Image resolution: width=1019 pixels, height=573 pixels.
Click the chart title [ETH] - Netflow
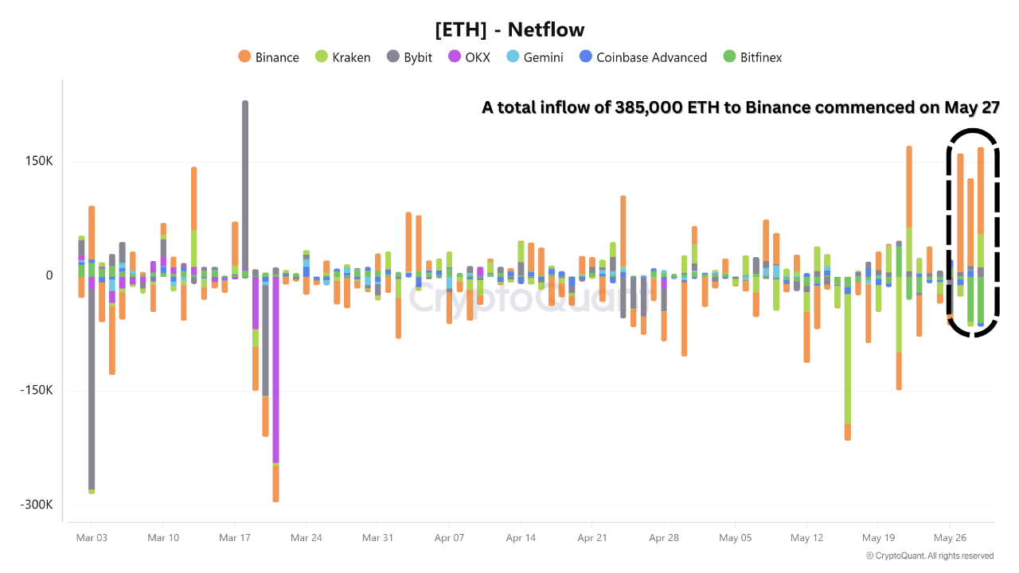pos(509,30)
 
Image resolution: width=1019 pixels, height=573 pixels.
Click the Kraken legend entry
pos(343,57)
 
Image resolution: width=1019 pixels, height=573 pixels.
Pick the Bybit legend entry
pos(409,57)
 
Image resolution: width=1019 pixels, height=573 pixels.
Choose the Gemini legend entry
pos(534,57)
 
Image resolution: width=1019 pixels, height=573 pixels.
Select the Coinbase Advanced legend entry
pos(642,57)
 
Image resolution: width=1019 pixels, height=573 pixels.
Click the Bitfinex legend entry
pos(752,57)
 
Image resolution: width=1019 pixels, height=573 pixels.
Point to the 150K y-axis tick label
pos(38,162)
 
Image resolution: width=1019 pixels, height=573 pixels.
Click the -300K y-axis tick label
pos(37,505)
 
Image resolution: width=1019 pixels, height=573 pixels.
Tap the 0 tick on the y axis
pos(49,276)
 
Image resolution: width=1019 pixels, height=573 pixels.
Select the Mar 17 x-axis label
pos(234,538)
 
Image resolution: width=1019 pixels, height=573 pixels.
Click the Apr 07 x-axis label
pos(449,538)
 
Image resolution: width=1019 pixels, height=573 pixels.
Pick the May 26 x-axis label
pos(948,538)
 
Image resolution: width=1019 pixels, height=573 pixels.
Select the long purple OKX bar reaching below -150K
pos(275,366)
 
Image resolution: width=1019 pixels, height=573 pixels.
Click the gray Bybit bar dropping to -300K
pos(92,382)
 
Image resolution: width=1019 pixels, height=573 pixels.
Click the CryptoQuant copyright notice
pos(929,555)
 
